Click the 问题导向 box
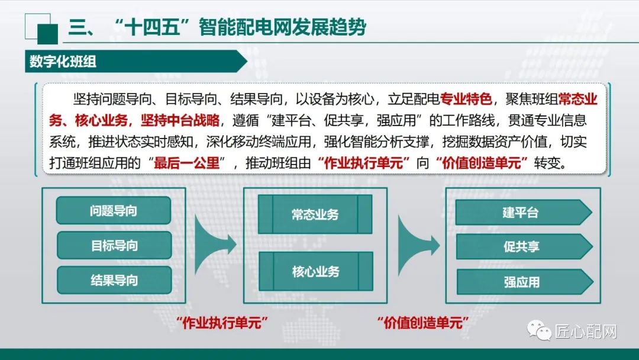(114, 211)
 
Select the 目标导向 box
(114, 245)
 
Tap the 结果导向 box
(114, 279)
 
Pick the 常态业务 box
(315, 214)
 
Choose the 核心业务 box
(315, 272)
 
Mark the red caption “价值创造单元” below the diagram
(422, 323)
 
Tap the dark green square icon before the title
(47, 33)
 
